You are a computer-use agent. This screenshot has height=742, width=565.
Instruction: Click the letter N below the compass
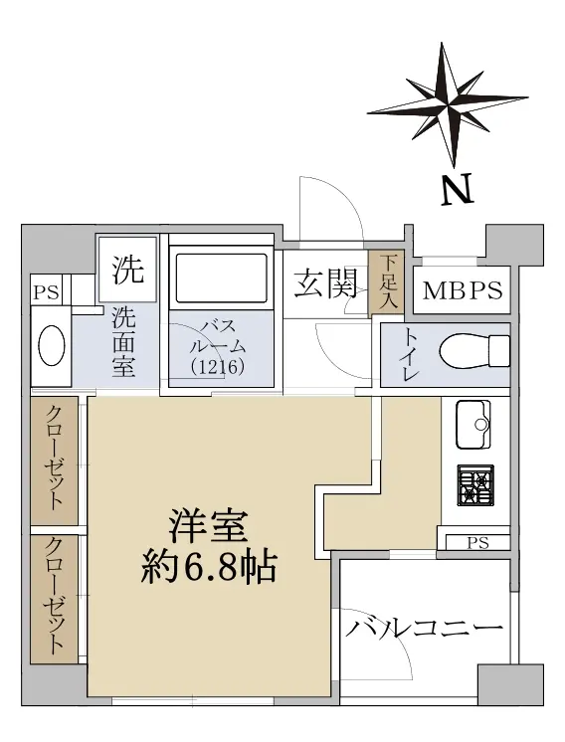pyautogui.click(x=458, y=189)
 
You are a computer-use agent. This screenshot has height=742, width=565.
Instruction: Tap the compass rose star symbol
pyautogui.click(x=448, y=104)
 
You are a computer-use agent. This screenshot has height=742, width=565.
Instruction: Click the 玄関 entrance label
pyautogui.click(x=325, y=283)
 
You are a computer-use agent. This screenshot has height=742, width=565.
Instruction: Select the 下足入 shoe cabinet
pyautogui.click(x=386, y=283)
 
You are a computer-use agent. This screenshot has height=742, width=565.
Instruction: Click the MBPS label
pyautogui.click(x=463, y=290)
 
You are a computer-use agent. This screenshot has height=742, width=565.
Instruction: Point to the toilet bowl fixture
pyautogui.click(x=474, y=351)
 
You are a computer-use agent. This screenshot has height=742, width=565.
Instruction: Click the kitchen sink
pyautogui.click(x=472, y=425)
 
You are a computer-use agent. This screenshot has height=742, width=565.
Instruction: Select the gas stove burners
pyautogui.click(x=475, y=485)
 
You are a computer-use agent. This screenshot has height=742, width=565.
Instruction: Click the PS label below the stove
pyautogui.click(x=477, y=543)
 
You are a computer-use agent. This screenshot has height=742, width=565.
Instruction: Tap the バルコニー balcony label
pyautogui.click(x=424, y=629)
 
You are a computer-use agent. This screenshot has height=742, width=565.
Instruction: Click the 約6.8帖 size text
pyautogui.click(x=208, y=566)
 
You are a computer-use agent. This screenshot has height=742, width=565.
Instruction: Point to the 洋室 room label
pyautogui.click(x=209, y=526)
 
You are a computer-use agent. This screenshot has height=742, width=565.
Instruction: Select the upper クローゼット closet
pyautogui.click(x=55, y=461)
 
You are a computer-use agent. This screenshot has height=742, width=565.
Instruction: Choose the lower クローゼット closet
pyautogui.click(x=55, y=599)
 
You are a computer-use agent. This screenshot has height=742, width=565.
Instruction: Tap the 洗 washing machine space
pyautogui.click(x=127, y=270)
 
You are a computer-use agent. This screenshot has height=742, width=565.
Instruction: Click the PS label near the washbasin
pyautogui.click(x=47, y=292)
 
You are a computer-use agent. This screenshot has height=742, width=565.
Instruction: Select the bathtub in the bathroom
pyautogui.click(x=222, y=278)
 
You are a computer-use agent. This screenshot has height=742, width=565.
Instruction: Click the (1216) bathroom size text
pyautogui.click(x=218, y=366)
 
